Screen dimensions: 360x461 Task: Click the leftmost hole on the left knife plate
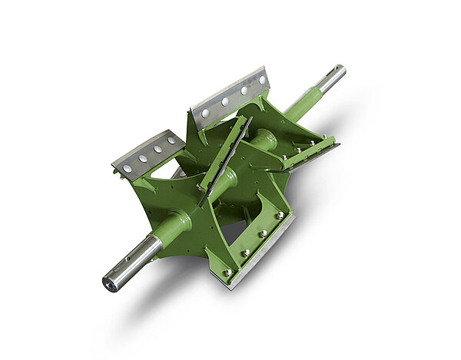(127, 168)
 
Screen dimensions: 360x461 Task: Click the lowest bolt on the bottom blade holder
(228, 272)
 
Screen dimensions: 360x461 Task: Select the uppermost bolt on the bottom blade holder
(280, 216)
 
